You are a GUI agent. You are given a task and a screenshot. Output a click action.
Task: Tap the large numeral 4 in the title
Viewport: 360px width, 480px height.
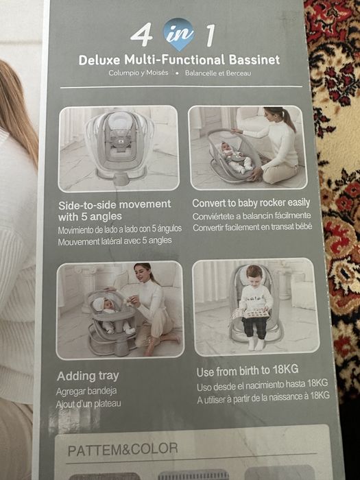coord(141,35)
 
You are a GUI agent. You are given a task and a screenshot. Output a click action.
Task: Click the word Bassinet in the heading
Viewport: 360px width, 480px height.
coord(254,60)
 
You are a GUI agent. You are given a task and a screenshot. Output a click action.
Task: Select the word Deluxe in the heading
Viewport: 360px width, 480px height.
coord(99,60)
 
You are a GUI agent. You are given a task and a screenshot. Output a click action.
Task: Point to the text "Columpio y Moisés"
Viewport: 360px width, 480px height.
coord(139,73)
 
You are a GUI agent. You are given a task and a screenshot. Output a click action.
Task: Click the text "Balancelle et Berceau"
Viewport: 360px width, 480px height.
coord(218,73)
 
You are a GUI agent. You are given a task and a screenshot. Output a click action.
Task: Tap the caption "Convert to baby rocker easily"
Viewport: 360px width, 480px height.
coord(251,203)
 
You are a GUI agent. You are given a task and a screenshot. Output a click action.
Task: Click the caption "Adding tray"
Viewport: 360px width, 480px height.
coord(88,376)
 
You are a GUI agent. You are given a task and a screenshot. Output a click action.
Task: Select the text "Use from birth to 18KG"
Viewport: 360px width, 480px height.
coord(248,371)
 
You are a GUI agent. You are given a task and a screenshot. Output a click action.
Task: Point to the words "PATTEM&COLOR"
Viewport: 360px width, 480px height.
coord(123,449)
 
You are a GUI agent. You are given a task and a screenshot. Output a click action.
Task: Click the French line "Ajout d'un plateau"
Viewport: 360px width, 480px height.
coord(88,404)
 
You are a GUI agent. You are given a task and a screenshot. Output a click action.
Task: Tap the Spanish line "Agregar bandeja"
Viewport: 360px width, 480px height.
coord(86,392)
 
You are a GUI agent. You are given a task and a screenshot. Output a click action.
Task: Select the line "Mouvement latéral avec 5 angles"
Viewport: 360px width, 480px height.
coord(115,241)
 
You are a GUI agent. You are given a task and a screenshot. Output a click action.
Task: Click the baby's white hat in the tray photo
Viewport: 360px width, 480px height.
coord(100,304)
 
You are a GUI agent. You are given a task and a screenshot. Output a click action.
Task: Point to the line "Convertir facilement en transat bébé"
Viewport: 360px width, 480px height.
coord(252,228)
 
